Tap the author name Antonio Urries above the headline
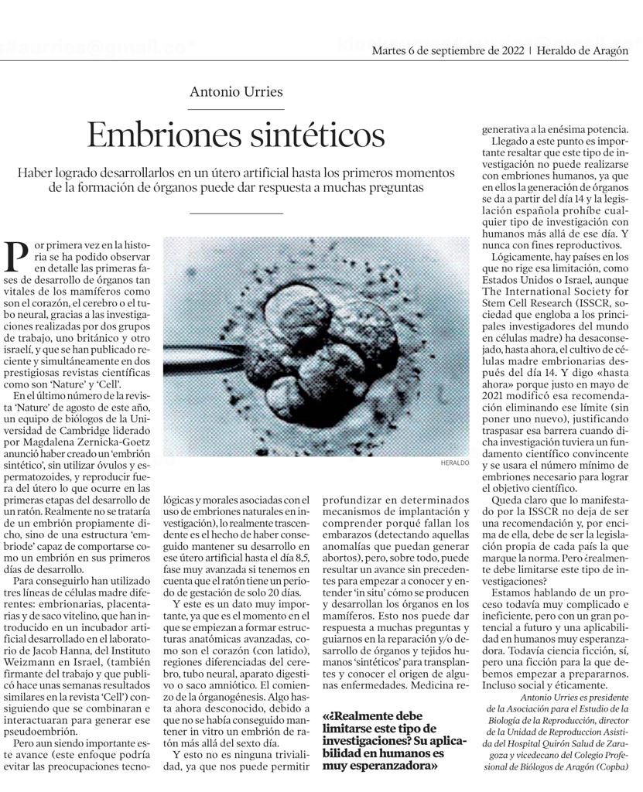[x=236, y=91]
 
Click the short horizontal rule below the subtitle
[x=236, y=213]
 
